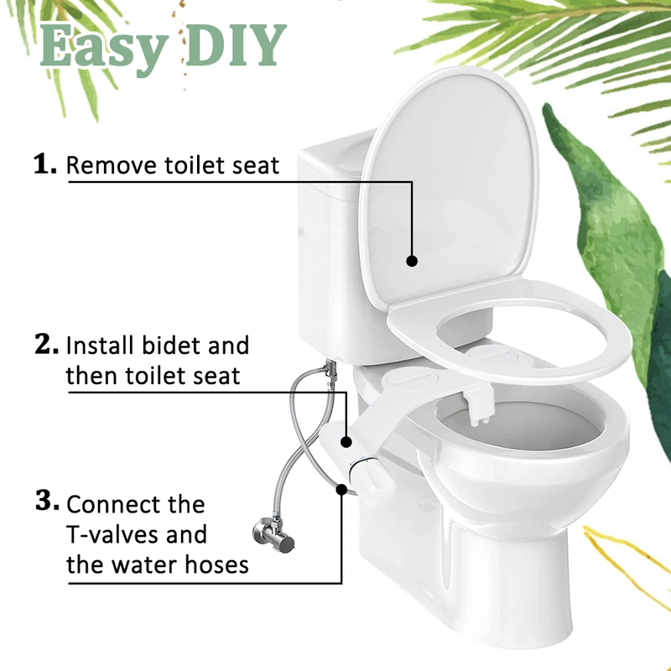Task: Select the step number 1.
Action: coord(45,164)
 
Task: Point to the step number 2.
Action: coord(46,344)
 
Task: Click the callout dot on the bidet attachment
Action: coord(346,440)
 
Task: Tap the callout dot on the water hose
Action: coord(340,489)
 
